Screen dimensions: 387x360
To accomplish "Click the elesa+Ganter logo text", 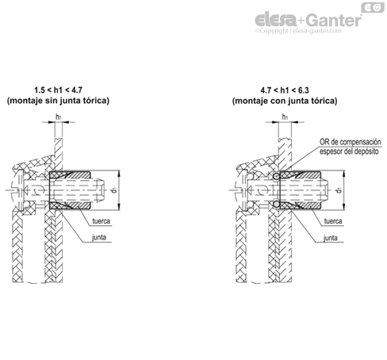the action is [308, 20].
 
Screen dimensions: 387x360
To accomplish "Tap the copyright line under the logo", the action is [298, 31].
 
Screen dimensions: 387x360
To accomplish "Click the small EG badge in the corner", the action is [373, 8].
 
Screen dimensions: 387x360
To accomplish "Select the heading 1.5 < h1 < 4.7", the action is [58, 90].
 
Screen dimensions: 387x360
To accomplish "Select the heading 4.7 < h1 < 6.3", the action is [285, 90].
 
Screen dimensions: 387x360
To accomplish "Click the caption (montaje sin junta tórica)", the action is [58, 101].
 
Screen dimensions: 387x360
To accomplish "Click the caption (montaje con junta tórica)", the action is [285, 101].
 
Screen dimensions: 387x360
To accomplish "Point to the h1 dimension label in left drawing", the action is [58, 117].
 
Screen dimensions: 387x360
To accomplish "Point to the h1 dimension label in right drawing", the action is [285, 117].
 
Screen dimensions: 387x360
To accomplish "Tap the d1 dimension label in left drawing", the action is [114, 190].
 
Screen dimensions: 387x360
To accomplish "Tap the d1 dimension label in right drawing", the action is [339, 190].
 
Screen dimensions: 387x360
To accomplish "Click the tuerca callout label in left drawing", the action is [102, 221].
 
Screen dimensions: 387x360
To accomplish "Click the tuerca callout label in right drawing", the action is [333, 221].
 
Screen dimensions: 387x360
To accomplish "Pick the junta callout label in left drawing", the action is [99, 237].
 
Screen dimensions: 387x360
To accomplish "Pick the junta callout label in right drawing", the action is [331, 238].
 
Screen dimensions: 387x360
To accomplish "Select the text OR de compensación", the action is [351, 142].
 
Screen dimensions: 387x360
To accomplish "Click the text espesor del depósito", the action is [349, 151].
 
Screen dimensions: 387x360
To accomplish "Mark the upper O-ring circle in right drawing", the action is [276, 177].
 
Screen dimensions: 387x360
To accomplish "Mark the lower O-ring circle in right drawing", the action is [276, 205].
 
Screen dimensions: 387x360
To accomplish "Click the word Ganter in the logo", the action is [335, 21].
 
